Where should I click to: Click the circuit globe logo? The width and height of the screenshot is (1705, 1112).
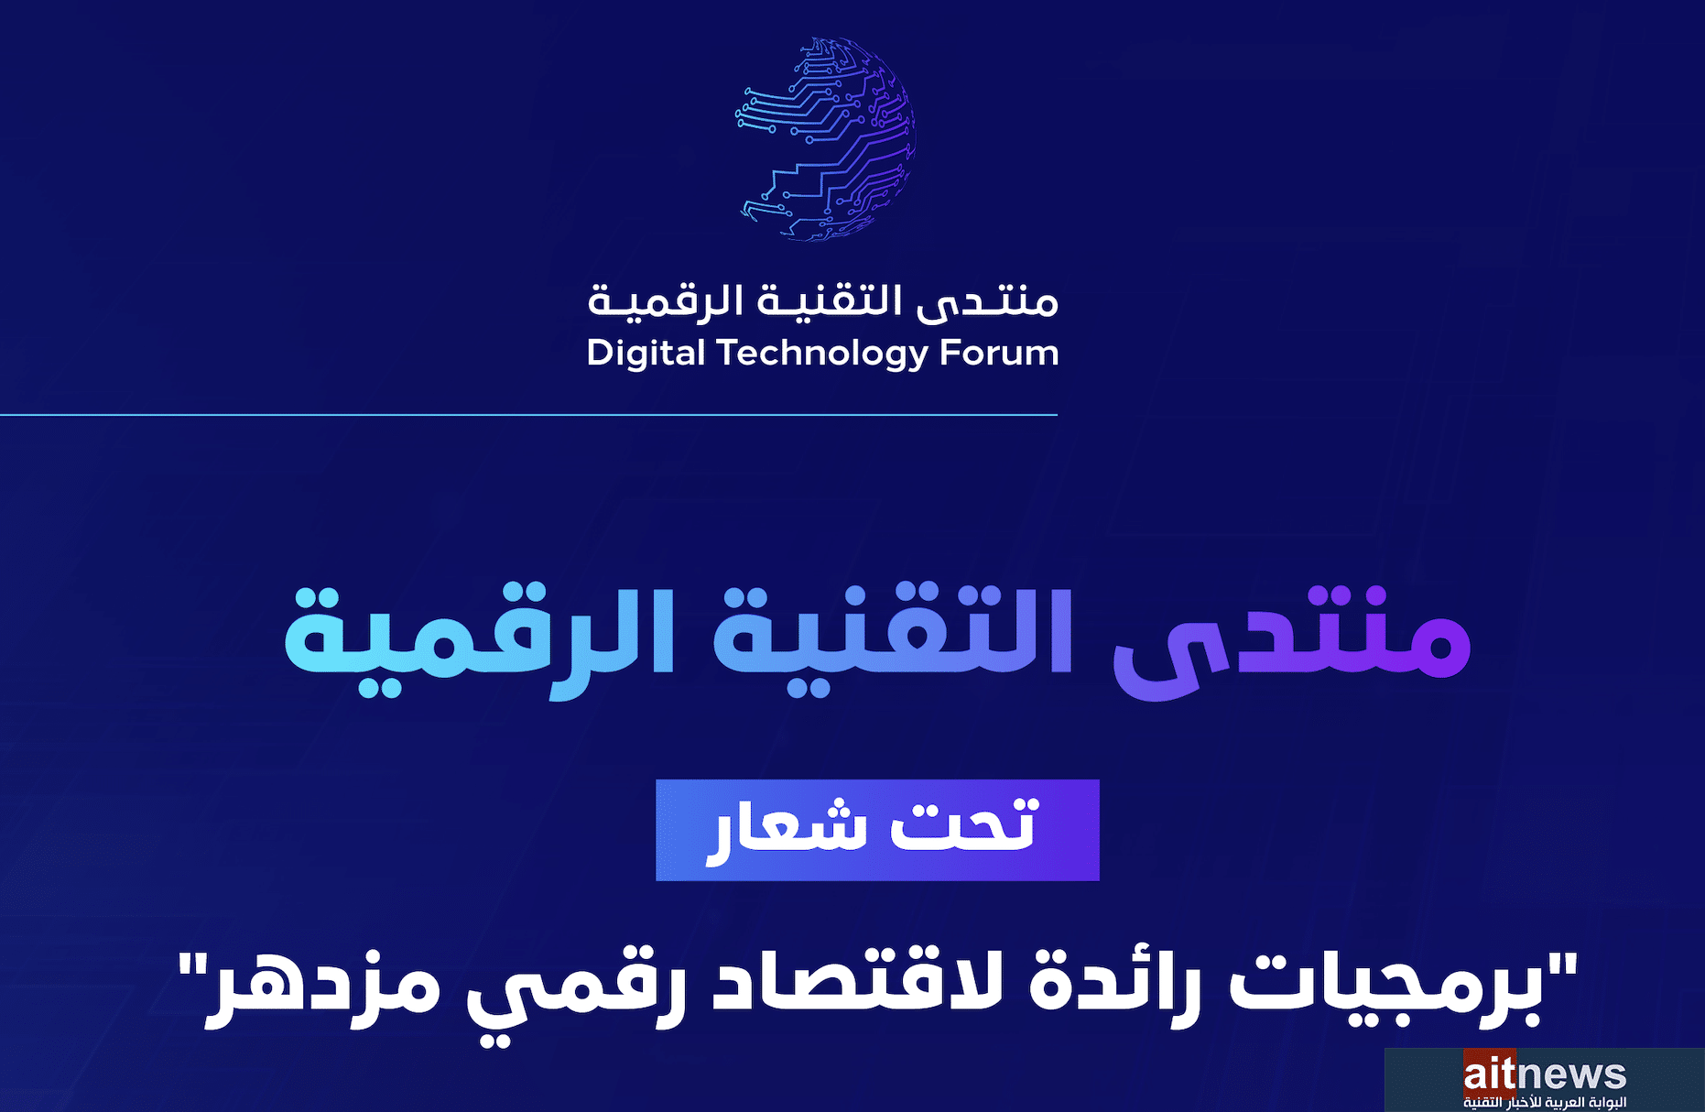826,139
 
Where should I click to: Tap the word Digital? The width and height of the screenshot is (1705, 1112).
646,354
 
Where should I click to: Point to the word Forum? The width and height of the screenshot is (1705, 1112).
999,353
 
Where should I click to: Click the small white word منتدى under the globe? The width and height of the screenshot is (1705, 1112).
988,300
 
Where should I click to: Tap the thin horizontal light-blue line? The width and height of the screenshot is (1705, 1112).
528,415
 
